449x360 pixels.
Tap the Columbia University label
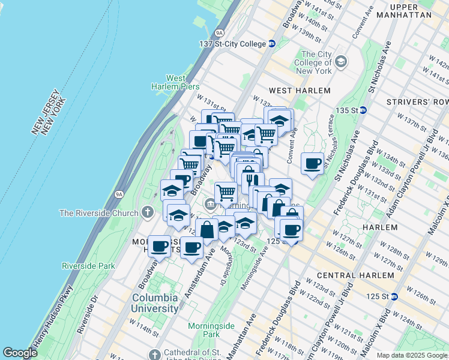[x=155, y=303]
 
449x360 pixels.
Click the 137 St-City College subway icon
[x=271, y=43]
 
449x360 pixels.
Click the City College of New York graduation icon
[x=341, y=62]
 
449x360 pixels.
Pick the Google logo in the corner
[x=20, y=353]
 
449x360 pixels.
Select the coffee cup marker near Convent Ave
[x=312, y=163]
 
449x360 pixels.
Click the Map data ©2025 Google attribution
[x=411, y=355]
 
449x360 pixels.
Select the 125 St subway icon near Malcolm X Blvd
[x=394, y=296]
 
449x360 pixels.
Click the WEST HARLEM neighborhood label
[x=300, y=90]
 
